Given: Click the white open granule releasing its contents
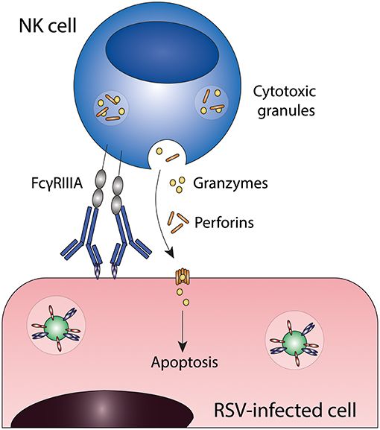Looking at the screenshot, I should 165,155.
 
